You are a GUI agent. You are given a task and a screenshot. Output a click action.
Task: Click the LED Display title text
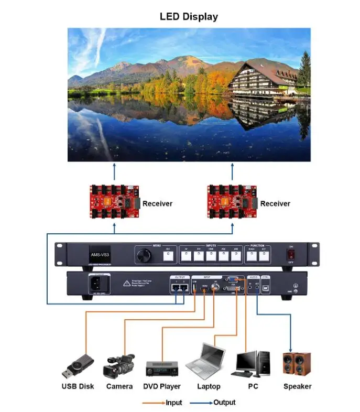pyautogui.click(x=189, y=17)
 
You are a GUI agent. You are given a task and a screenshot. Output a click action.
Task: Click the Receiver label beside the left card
pyautogui.click(x=157, y=203)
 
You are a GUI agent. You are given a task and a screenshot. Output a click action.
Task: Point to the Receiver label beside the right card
pyautogui.click(x=275, y=203)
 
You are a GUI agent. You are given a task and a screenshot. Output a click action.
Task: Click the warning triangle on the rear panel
pyautogui.click(x=126, y=284)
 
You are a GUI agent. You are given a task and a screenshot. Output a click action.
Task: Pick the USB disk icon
pyautogui.click(x=78, y=366)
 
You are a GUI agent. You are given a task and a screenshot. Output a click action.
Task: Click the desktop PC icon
pyautogui.click(x=253, y=363)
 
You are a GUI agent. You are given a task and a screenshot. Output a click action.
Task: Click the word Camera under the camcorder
pyautogui.click(x=119, y=386)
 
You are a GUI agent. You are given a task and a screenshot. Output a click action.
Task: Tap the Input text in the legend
pyautogui.click(x=173, y=403)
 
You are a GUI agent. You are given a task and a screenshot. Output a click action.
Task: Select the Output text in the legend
pyautogui.click(x=224, y=403)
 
